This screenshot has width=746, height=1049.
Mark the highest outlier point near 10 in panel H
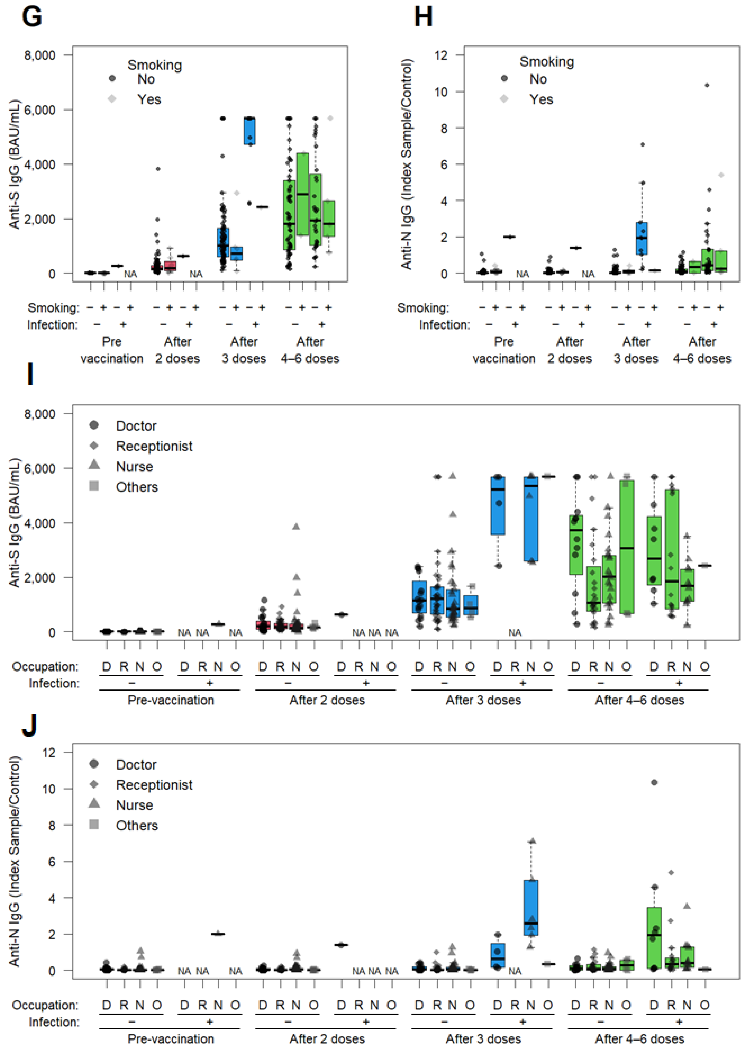pyautogui.click(x=707, y=85)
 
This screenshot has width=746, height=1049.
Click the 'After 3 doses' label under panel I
pyautogui.click(x=483, y=700)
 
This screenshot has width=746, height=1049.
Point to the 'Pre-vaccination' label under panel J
pyautogui.click(x=171, y=1038)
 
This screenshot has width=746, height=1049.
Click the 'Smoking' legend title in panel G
pyautogui.click(x=154, y=65)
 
